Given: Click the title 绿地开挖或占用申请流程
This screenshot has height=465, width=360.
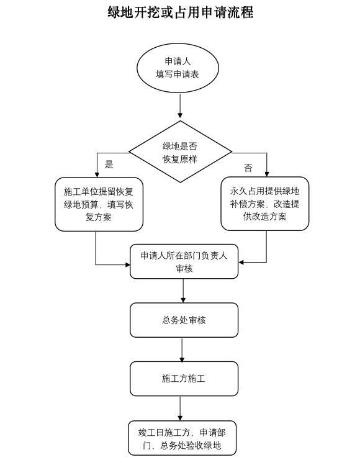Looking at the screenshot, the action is [180, 12].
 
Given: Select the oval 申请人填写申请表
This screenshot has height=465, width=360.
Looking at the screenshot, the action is [178, 68].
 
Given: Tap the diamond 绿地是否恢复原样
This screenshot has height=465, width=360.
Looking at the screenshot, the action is [180, 151].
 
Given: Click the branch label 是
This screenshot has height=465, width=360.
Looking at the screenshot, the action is [109, 164].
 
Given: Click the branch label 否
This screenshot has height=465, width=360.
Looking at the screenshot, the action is [248, 168].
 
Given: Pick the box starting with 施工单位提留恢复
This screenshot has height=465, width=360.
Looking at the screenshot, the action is [99, 204].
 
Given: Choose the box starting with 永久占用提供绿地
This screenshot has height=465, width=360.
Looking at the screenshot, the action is [265, 204].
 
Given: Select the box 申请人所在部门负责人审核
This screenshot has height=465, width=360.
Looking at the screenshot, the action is [184, 261].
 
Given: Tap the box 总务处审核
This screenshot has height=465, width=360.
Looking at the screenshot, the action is [184, 320].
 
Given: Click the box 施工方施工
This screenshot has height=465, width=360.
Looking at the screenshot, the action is [184, 379].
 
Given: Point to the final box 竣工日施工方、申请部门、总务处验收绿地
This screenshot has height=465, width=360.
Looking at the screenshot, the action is [182, 438].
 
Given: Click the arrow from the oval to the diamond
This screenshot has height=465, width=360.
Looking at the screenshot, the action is [180, 106].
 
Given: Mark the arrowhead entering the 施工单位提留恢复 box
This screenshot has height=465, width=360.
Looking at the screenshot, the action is [97, 174].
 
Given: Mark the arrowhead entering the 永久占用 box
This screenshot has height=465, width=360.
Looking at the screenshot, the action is [267, 174].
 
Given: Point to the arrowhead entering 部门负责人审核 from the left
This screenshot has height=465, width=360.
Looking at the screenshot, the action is [128, 264].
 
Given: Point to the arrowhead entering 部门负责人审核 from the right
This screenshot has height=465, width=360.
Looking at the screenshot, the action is [241, 262].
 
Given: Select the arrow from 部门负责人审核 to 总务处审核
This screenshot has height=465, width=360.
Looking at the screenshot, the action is [183, 291].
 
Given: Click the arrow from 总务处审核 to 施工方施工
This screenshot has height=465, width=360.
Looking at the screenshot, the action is [182, 350].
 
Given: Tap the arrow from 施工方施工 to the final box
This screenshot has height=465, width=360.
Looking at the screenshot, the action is [180, 409].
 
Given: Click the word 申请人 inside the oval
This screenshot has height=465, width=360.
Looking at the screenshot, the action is [178, 61].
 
